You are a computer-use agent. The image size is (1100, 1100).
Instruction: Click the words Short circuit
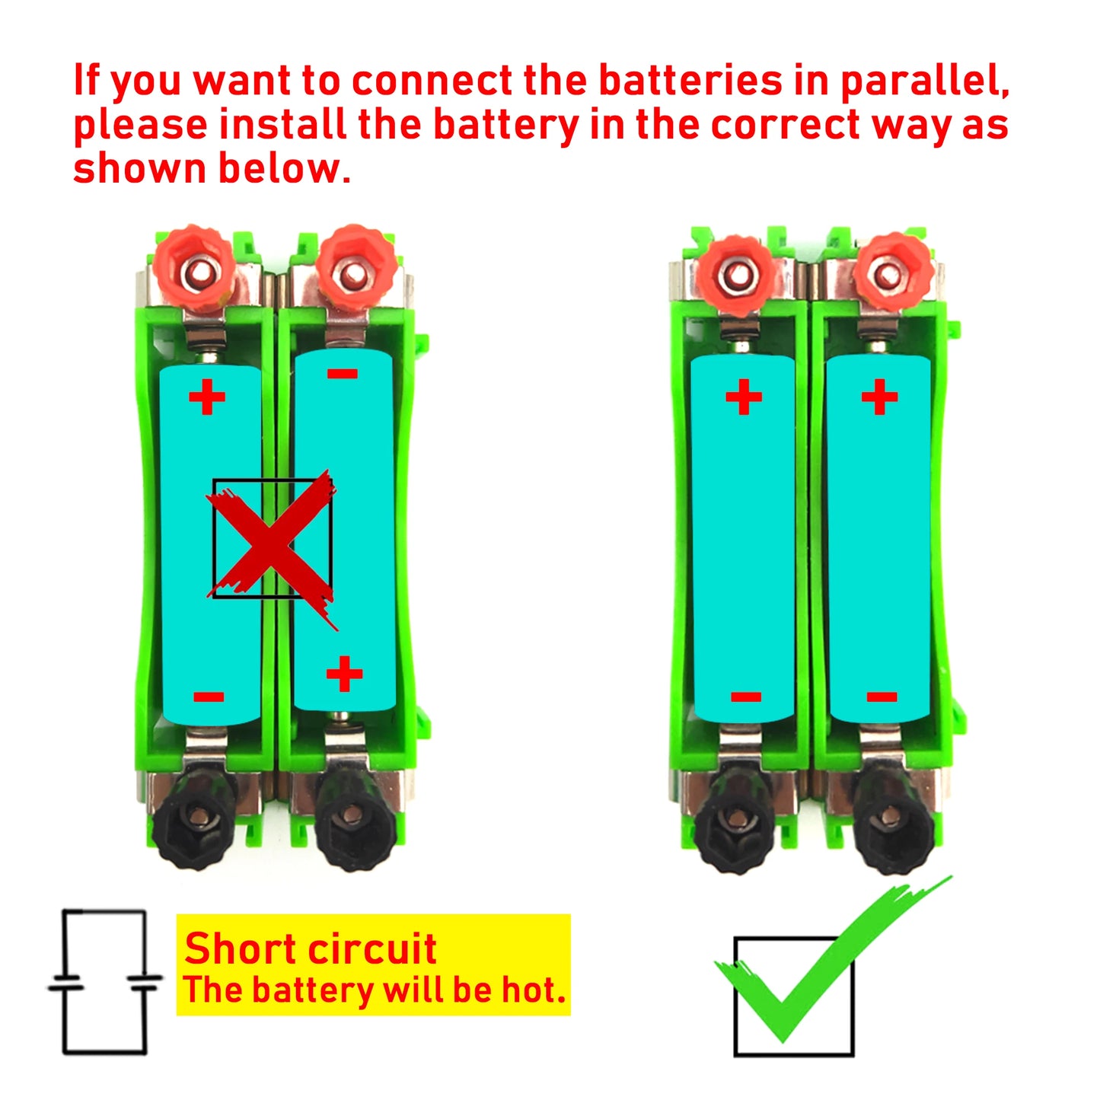click(x=310, y=949)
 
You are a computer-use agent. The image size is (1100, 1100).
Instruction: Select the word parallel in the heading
click(x=924, y=82)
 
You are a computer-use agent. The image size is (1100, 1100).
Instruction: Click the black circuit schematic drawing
click(x=104, y=982)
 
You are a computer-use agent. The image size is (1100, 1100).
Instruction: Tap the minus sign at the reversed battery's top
click(x=343, y=374)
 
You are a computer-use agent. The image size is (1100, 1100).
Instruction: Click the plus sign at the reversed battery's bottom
click(x=344, y=674)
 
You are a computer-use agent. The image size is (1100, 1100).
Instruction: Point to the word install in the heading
click(x=283, y=125)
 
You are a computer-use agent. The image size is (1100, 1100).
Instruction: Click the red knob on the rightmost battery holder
click(x=892, y=271)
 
